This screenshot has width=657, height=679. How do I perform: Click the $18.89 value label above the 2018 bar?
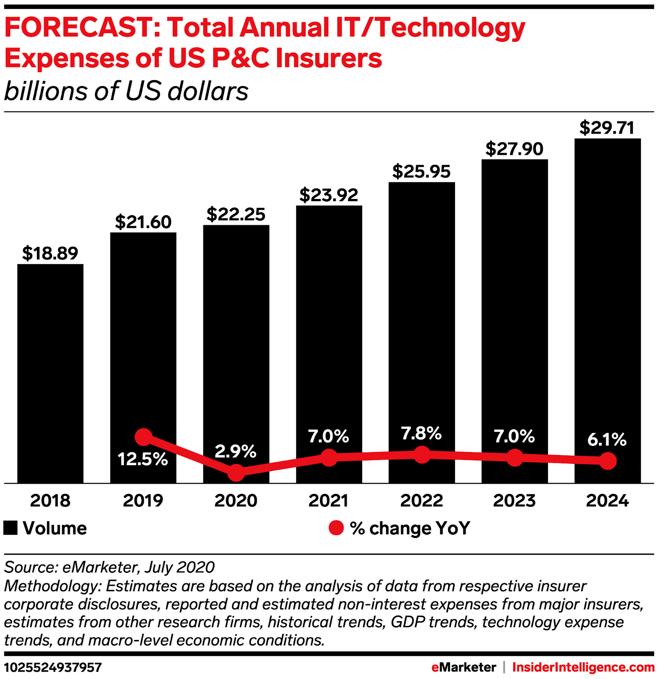pyautogui.click(x=50, y=253)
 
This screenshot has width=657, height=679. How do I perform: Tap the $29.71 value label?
pyautogui.click(x=607, y=128)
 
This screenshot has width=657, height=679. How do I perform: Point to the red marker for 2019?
pyautogui.click(x=143, y=437)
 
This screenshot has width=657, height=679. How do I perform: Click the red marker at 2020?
pyautogui.click(x=236, y=472)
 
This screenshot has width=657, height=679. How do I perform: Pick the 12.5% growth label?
pyautogui.click(x=143, y=459)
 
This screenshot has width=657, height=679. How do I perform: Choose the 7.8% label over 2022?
pyautogui.click(x=421, y=433)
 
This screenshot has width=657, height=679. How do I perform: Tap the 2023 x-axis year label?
pyautogui.click(x=514, y=501)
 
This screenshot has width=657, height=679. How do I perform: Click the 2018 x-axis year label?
pyautogui.click(x=50, y=501)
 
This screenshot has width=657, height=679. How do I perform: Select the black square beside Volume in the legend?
pyautogui.click(x=11, y=528)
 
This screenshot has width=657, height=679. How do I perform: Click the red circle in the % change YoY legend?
pyautogui.click(x=336, y=528)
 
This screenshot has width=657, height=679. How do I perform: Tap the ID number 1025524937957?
pyautogui.click(x=53, y=668)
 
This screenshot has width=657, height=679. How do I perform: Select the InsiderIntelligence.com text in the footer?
pyautogui.click(x=583, y=668)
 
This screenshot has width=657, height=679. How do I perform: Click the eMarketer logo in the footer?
pyautogui.click(x=463, y=668)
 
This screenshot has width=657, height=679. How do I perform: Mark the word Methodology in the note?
pyautogui.click(x=52, y=586)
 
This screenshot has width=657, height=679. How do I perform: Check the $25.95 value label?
pyautogui.click(x=421, y=171)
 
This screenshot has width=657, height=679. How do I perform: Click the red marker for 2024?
pyautogui.click(x=608, y=461)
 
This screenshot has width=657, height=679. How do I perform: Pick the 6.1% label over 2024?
pyautogui.click(x=607, y=440)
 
